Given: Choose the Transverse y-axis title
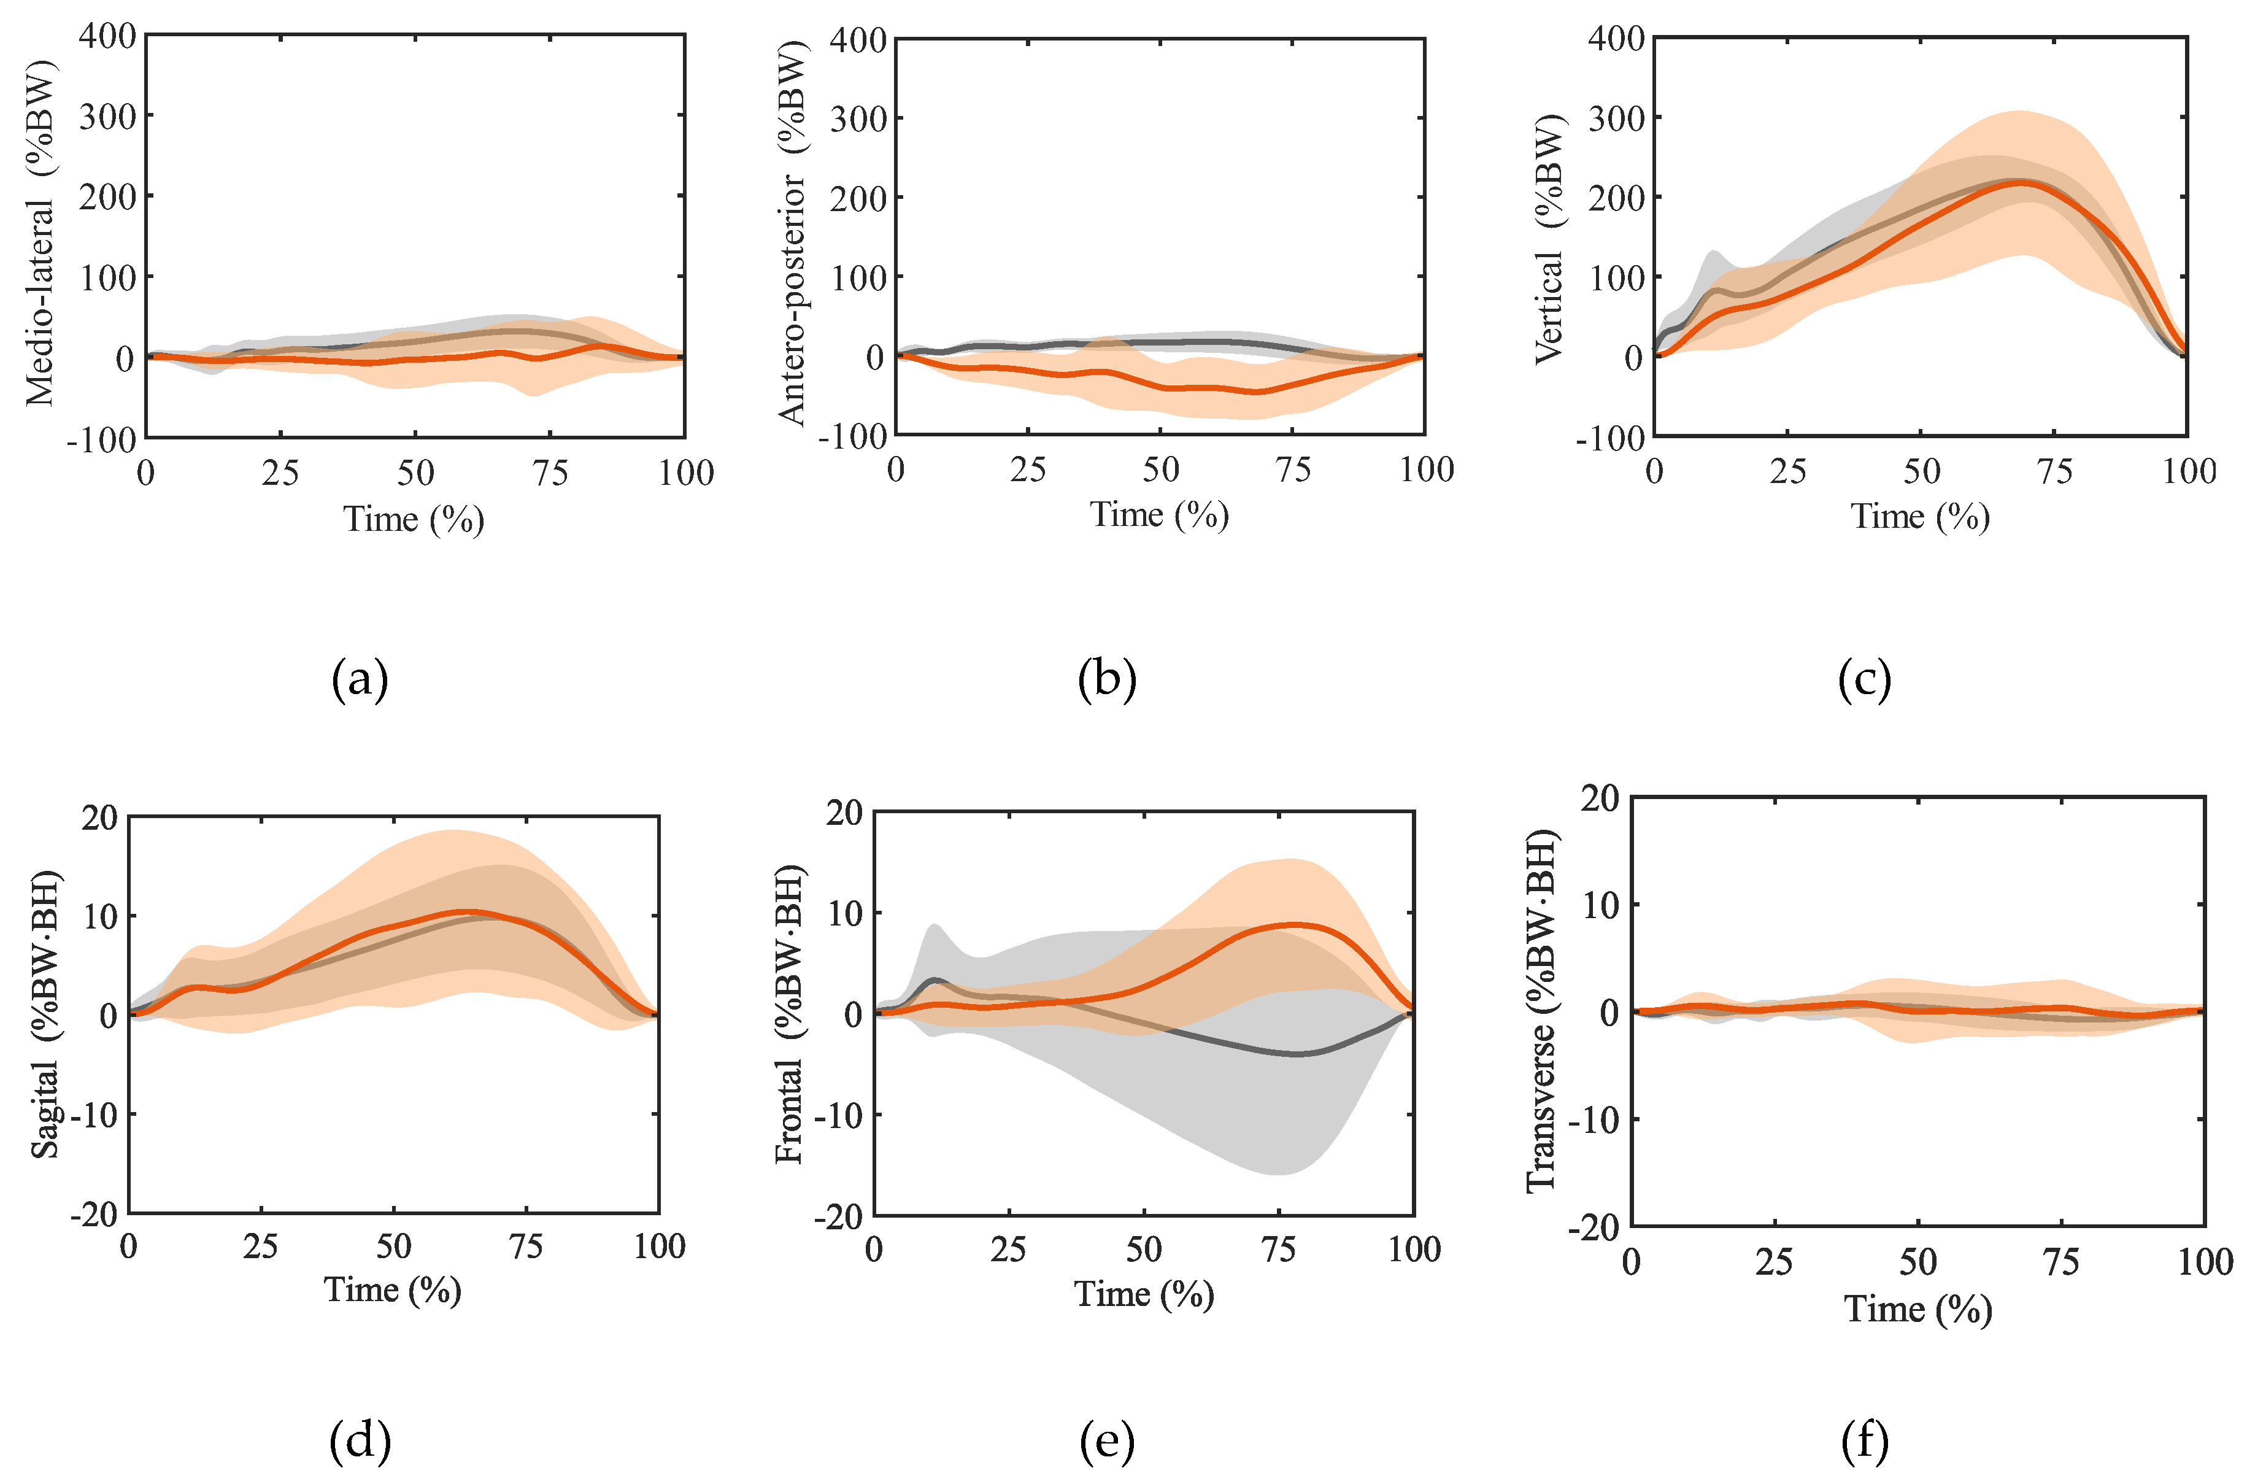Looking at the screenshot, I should (1540, 1011).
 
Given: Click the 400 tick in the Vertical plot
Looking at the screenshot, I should (1616, 40).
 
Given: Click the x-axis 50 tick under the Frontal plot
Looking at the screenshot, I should (1144, 1250).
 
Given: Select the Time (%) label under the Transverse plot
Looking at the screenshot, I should (1917, 1309).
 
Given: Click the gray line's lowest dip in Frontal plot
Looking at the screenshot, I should (1296, 1053).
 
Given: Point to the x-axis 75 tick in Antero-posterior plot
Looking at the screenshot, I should (1292, 470).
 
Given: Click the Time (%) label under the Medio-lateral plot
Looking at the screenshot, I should (414, 519).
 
